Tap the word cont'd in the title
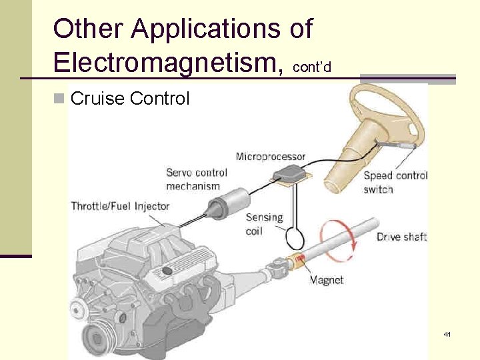(311, 67)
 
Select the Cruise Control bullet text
(129, 99)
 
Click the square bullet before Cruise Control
(59, 99)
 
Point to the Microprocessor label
(270, 157)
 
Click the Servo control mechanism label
(197, 179)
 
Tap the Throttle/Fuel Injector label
(121, 205)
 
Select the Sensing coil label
(264, 224)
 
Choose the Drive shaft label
(401, 237)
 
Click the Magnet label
(327, 280)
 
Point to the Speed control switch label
(395, 183)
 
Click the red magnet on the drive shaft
(300, 259)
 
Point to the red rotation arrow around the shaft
(339, 241)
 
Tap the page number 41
(447, 333)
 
